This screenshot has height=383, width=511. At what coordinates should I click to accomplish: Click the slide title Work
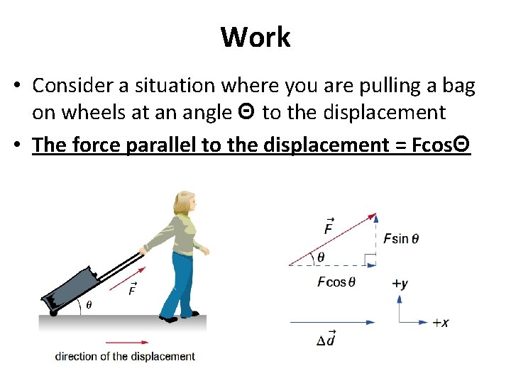255,37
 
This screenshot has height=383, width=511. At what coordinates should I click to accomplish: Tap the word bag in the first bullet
458,86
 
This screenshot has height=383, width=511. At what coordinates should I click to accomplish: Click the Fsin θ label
401,238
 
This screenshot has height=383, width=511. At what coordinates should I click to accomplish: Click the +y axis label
400,284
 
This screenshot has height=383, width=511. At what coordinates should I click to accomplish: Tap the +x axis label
440,323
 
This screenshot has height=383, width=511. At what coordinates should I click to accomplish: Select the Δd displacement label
326,338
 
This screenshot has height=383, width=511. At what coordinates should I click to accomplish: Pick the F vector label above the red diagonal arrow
329,226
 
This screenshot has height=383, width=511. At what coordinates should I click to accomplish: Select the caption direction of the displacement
125,356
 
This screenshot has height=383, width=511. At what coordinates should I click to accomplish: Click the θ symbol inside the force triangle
322,257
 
